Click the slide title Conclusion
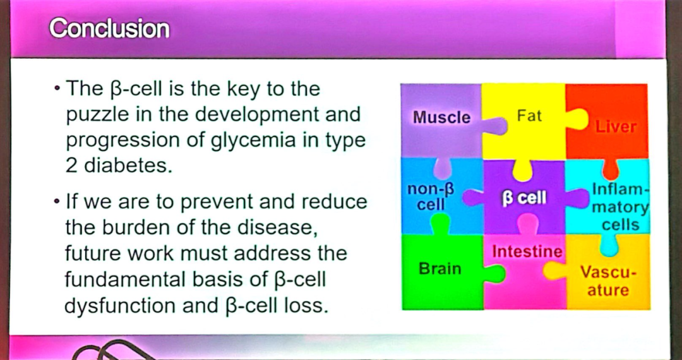[109, 28]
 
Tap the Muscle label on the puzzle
[441, 117]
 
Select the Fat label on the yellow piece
[529, 116]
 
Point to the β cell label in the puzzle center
[524, 198]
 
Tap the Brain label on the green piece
[440, 268]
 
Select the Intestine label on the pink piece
[527, 251]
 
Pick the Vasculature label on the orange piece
[608, 282]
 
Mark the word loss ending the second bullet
[309, 306]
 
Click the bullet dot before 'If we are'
[57, 203]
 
